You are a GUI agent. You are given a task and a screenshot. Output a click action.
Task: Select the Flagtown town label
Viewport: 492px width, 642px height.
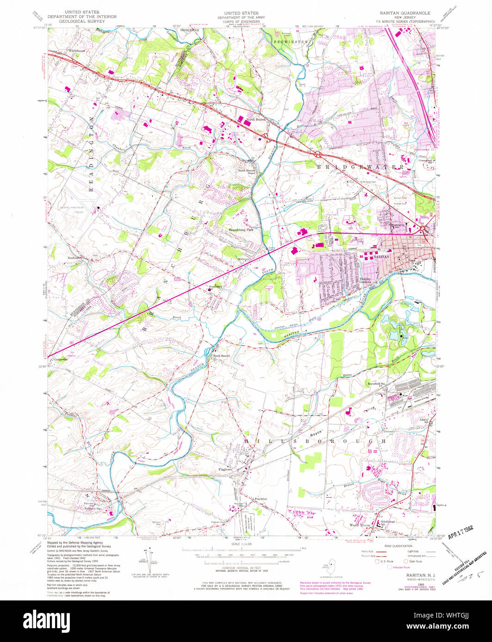pyautogui.click(x=228, y=470)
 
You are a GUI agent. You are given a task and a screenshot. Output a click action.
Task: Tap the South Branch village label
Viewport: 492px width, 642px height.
pyautogui.click(x=221, y=355)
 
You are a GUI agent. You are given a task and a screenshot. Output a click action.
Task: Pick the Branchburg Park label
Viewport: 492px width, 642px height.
pyautogui.click(x=241, y=230)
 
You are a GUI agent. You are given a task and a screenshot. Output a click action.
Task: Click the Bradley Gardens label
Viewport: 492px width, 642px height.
pyautogui.click(x=366, y=280)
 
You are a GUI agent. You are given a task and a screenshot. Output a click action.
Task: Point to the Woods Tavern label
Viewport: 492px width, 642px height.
pyautogui.click(x=361, y=525)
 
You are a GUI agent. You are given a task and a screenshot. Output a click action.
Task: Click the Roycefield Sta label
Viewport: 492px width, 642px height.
pyautogui.click(x=376, y=383)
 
